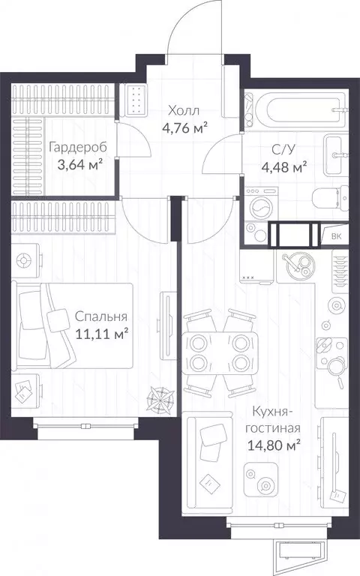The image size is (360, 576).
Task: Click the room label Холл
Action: click(184, 110)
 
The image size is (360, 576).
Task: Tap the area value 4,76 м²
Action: click(184, 127)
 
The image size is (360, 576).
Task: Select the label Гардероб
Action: click(78, 147)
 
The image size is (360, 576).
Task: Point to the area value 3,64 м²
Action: click(79, 164)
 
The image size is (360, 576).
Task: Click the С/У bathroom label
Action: click(283, 149)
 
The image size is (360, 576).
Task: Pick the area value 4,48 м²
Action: click(284, 167)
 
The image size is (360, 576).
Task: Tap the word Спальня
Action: click(101, 316)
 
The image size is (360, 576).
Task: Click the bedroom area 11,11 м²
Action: click(102, 334)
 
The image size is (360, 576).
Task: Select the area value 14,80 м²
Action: click(274, 445)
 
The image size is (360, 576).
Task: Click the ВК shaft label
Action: click(336, 236)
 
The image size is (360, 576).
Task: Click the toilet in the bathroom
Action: click(330, 199)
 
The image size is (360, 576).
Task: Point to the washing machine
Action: click(262, 204)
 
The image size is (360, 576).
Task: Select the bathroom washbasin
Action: click(336, 154)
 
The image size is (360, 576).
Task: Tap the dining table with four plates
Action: click(220, 353)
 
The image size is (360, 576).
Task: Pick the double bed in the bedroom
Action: click(72, 325)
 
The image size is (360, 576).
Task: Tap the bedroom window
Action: click(85, 426)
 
